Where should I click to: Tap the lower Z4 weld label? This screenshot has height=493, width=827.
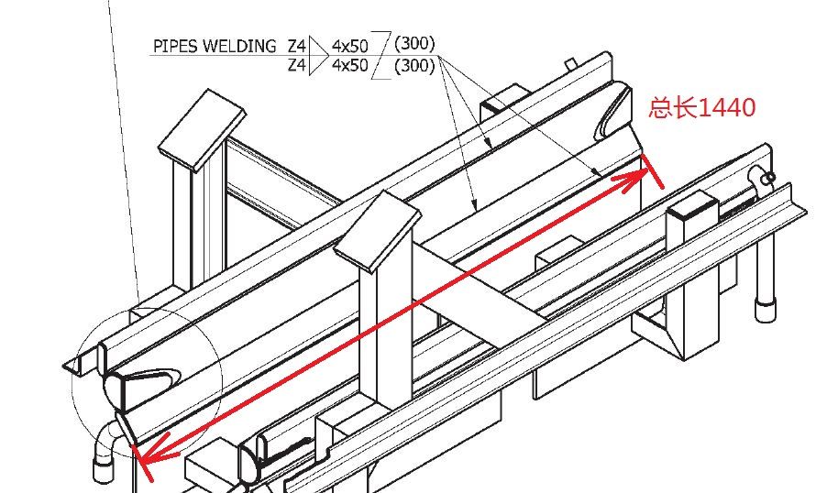point(295,65)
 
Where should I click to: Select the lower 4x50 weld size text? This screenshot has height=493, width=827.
point(350,65)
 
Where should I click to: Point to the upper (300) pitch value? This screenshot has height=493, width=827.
point(413,43)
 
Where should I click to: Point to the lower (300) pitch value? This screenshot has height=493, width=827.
point(413,66)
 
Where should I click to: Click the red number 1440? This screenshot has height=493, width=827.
point(726,108)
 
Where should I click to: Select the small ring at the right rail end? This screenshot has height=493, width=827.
point(768,177)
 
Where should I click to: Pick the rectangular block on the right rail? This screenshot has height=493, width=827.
point(689,223)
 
